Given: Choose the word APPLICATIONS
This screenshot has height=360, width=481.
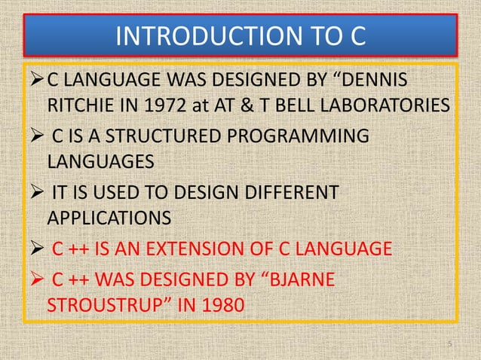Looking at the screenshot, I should tap(108, 218).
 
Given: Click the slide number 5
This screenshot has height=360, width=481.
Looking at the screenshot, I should tap(448, 344).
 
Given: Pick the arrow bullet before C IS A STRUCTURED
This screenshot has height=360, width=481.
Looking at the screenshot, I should tap(37, 136).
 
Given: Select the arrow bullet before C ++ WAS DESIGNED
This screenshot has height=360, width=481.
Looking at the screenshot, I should tap(37, 281).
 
